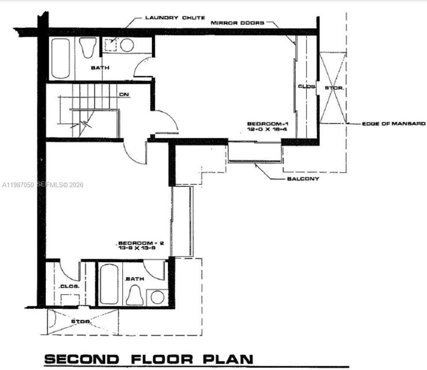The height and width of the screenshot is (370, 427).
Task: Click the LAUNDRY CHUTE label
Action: [175, 17]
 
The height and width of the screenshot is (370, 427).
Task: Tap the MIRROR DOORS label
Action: [237, 23]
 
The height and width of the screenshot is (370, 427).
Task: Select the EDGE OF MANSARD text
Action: [393, 123]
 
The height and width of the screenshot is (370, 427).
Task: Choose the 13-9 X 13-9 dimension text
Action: [137, 248]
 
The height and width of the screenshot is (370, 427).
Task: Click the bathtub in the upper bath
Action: [61, 58]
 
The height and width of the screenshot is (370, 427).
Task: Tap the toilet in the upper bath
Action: [87, 48]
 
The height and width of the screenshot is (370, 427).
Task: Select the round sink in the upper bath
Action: [127, 45]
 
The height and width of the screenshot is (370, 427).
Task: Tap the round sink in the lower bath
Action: [158, 297]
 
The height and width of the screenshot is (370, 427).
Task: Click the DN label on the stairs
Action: [124, 95]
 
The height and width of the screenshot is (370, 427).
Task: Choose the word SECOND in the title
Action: [82, 359]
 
